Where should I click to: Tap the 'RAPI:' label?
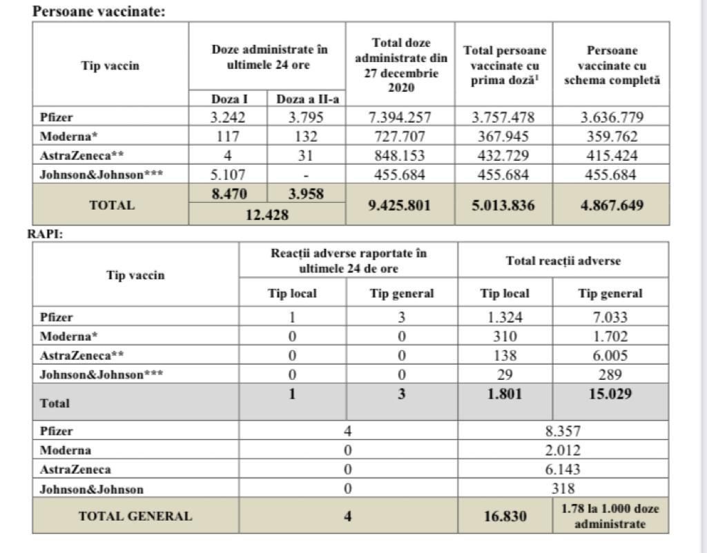click(x=46, y=234)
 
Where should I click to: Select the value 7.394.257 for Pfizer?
click(x=400, y=117)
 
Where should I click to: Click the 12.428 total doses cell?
click(x=267, y=215)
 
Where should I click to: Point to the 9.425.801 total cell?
click(x=400, y=205)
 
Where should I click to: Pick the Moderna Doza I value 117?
click(x=228, y=137)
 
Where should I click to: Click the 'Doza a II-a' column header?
click(x=305, y=99)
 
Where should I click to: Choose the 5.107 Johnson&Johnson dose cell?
click(x=228, y=175)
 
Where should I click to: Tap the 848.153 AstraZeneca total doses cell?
click(x=400, y=156)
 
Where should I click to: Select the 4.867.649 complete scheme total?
click(x=610, y=205)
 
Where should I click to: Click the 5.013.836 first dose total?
click(x=503, y=205)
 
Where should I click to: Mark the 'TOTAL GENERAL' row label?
click(x=135, y=516)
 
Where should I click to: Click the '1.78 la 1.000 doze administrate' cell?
click(x=610, y=516)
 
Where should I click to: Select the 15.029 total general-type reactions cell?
click(x=610, y=395)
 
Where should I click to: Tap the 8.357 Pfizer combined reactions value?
click(x=563, y=431)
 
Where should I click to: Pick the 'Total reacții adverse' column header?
click(x=563, y=261)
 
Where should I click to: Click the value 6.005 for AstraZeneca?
click(x=610, y=356)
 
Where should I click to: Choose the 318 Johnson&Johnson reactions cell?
click(x=563, y=489)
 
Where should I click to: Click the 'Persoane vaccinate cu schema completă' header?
click(x=610, y=66)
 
